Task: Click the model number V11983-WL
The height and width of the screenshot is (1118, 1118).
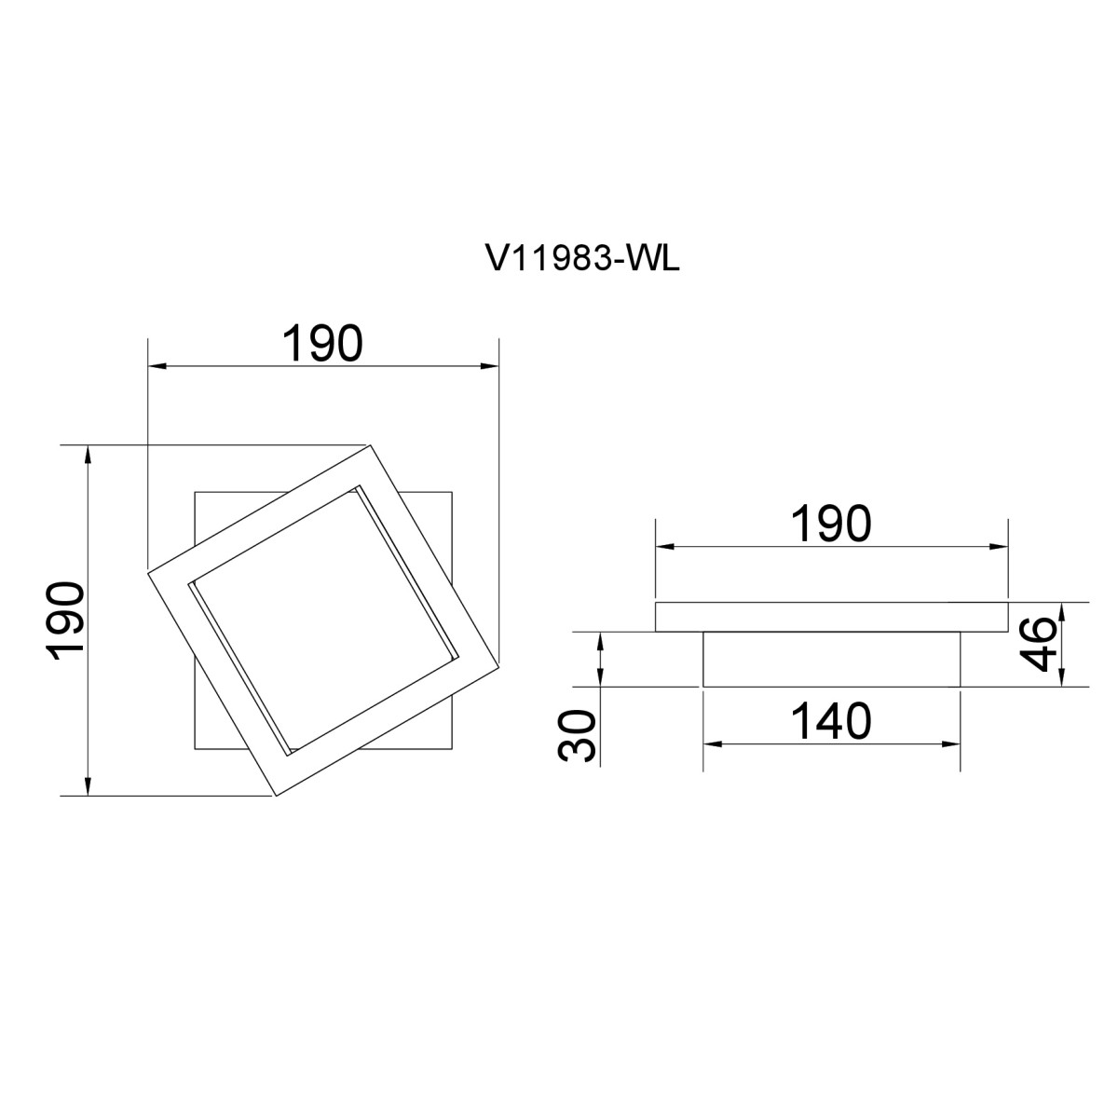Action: [582, 259]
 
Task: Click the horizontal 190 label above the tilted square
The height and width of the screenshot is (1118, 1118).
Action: [322, 344]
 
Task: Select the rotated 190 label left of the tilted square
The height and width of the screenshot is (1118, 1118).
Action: [65, 621]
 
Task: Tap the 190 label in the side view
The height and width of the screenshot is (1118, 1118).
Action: [831, 524]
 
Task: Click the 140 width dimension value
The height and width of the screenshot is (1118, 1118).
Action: [831, 721]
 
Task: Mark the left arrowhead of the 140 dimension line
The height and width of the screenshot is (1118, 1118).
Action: [712, 744]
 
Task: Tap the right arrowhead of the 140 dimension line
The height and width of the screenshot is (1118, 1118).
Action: [951, 744]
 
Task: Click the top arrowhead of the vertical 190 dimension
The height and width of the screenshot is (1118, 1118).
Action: [88, 454]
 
